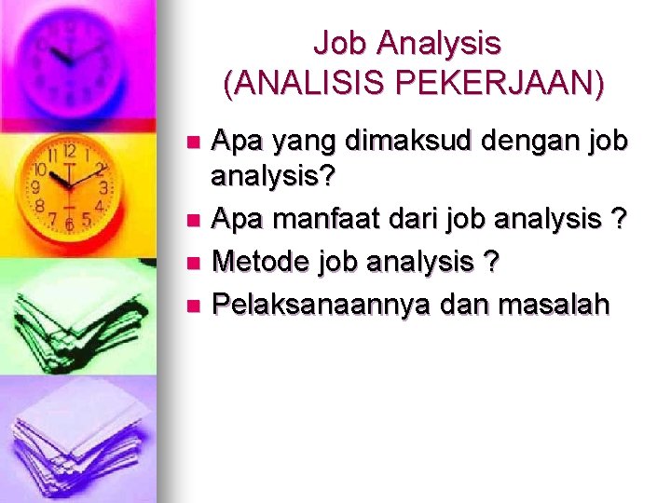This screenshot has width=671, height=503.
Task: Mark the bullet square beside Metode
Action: pyautogui.click(x=193, y=263)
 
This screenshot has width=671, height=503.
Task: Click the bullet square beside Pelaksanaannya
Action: pyautogui.click(x=193, y=304)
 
